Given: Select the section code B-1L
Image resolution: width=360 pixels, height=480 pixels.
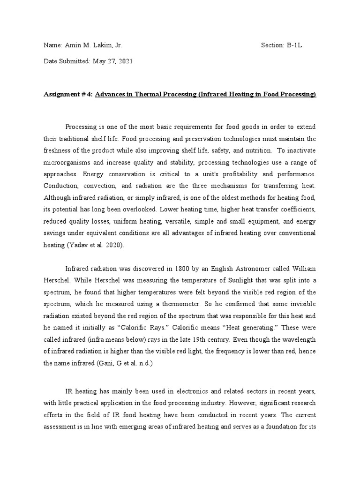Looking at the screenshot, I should pos(296,45).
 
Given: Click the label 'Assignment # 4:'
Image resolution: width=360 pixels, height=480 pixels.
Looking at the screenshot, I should pos(68,94).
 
